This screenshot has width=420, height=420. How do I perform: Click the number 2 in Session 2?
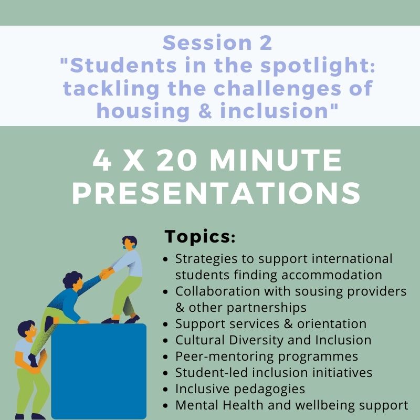coord(266,43)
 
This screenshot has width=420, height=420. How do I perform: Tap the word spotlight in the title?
coord(318,66)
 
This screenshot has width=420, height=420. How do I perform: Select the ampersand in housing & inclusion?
coord(205,111)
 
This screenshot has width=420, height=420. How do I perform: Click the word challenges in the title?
coord(277,89)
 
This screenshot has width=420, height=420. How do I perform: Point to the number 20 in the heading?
coord(176,160)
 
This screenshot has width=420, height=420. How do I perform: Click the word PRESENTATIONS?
coord(216,193)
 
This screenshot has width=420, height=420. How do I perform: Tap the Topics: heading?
coord(200,237)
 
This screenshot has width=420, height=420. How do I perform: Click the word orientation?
coord(332,324)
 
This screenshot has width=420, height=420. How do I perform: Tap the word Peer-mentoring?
coord(224,357)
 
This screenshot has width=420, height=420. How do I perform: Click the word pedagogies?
coord(269,390)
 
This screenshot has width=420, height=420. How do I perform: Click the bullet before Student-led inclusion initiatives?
coord(165,373)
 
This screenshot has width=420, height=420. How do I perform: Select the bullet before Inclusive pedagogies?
coord(165,390)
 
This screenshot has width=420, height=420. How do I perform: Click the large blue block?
coord(99,371)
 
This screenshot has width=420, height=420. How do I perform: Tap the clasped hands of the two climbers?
coord(107,274)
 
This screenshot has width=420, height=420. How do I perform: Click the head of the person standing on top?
coord(130,243)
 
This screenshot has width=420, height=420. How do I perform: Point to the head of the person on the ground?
coord(27,329)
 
